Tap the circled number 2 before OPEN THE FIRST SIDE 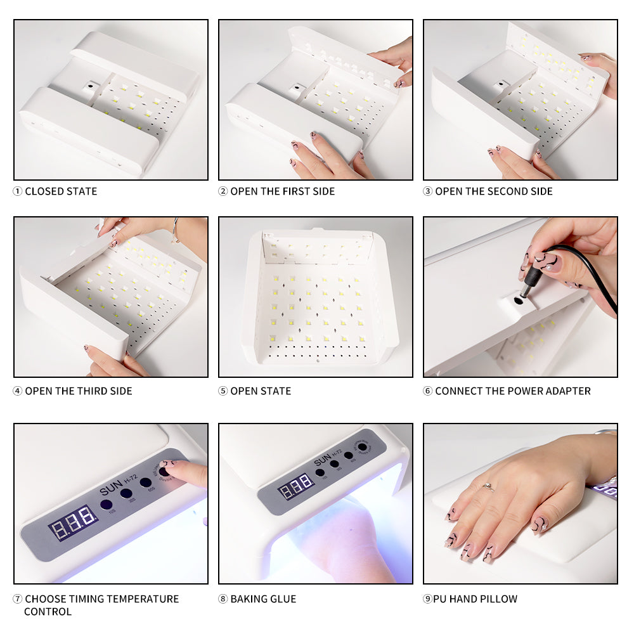(223, 191)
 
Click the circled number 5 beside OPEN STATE (223, 391)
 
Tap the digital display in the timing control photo (74, 521)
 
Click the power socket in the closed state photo (92, 84)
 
